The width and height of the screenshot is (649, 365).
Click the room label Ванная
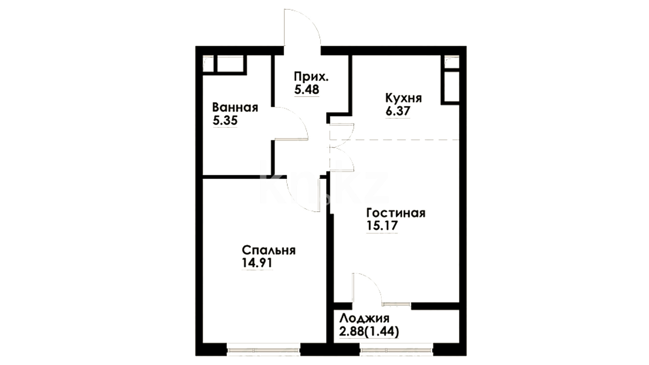coord(235,108)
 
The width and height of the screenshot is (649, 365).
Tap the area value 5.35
coord(225,121)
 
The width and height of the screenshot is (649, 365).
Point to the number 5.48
coord(307,90)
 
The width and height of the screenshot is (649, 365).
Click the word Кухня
coord(404,98)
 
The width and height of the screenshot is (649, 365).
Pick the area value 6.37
coord(398,111)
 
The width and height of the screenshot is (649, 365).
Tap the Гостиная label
coord(396,213)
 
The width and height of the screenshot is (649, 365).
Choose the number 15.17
coord(382,225)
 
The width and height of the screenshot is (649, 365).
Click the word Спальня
coord(268,250)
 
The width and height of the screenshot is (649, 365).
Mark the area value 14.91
coord(257,263)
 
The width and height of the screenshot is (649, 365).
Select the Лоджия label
coord(364,318)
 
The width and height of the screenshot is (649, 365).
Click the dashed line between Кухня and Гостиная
coord(394,139)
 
